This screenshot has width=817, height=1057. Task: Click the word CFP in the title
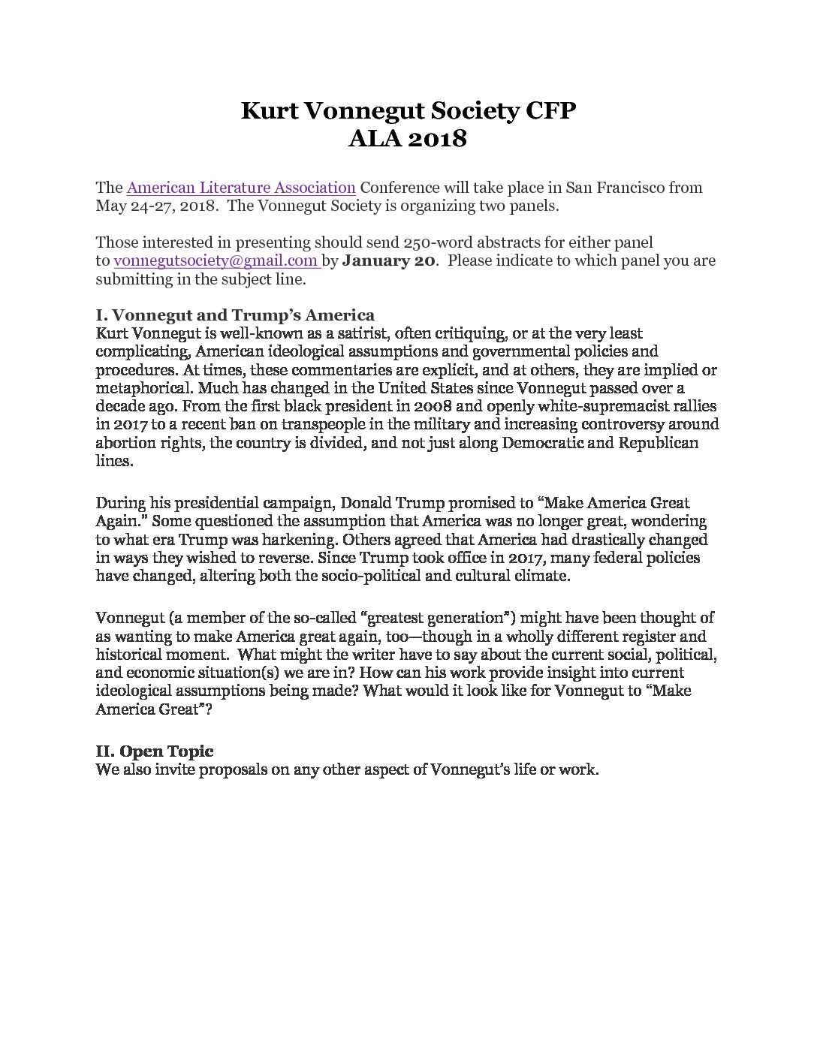pyautogui.click(x=549, y=111)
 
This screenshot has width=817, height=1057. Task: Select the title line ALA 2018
pyautogui.click(x=408, y=139)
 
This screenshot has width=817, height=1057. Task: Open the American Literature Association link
pyautogui.click(x=241, y=188)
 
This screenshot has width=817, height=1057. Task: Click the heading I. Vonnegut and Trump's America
pyautogui.click(x=235, y=315)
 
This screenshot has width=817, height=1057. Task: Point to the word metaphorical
pyautogui.click(x=137, y=388)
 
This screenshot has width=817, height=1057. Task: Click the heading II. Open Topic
pyautogui.click(x=155, y=751)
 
